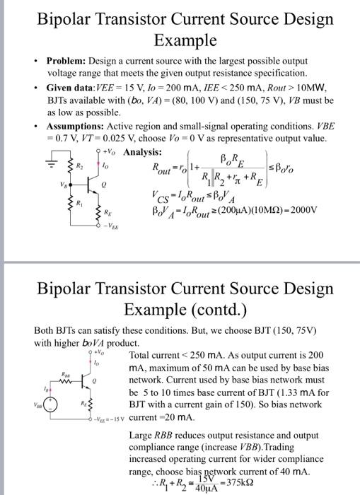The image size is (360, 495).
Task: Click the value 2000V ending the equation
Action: coord(303,210)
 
